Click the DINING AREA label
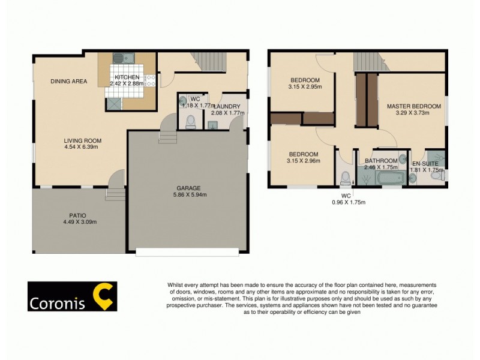69,81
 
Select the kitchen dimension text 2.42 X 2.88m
127,84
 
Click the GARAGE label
188,187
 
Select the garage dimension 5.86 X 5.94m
188,194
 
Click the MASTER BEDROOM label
413,106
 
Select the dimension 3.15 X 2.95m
305,87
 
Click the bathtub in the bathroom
380,177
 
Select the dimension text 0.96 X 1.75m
349,202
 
